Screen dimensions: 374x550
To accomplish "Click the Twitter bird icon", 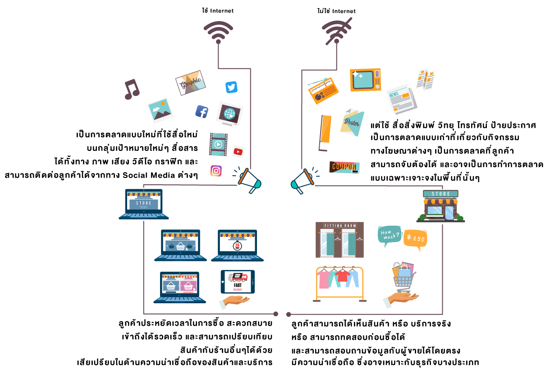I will coord(231,87).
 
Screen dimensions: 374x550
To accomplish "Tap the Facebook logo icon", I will coord(202,111).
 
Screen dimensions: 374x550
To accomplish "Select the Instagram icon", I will coord(216,171).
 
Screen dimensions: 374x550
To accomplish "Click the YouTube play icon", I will coord(238,151).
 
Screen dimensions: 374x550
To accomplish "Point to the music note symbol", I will coord(131,89).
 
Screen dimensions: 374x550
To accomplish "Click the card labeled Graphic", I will coord(191,82).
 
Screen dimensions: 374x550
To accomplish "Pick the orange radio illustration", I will coord(324,91).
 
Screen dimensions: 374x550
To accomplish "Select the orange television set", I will coord(365,80).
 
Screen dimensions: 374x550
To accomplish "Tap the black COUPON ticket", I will coord(344,167).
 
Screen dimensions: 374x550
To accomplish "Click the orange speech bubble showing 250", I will coord(415,238).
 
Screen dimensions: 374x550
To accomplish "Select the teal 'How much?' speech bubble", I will coord(389,235).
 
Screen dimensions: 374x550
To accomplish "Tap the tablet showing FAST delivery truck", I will coord(237,282).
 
